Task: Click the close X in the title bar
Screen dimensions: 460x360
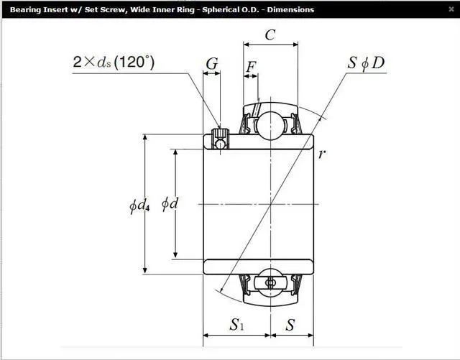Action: click(451, 9)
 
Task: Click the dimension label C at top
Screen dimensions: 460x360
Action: click(270, 35)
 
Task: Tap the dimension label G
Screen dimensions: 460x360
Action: click(212, 63)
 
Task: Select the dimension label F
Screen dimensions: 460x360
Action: click(251, 67)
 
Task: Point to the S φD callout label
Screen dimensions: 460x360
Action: click(366, 63)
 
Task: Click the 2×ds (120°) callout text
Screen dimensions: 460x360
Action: click(114, 62)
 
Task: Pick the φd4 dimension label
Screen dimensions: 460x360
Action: click(139, 205)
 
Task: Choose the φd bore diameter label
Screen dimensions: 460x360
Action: click(170, 203)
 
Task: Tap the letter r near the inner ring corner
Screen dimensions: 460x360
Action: click(322, 154)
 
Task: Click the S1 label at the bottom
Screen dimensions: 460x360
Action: click(236, 325)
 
